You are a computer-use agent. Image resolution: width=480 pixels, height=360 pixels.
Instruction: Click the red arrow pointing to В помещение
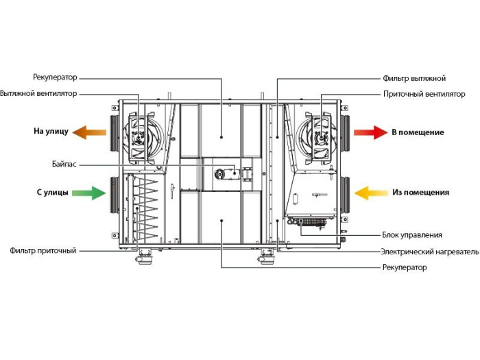tap(370, 132)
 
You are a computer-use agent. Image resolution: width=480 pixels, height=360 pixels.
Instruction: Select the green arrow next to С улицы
tap(89, 193)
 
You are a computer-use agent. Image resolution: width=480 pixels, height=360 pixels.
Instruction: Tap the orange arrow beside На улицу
tap(89, 132)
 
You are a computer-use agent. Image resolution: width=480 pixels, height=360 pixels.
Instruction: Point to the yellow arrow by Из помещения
tap(370, 193)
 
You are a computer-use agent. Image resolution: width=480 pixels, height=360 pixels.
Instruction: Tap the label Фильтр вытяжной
tap(414, 78)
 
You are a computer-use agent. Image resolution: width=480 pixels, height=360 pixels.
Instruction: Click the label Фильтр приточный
tap(43, 251)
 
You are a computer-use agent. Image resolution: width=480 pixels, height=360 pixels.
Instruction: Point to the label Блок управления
tap(416, 235)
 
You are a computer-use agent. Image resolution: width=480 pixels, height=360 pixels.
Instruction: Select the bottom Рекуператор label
tap(404, 267)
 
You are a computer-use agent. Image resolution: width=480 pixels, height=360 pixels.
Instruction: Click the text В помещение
tap(418, 132)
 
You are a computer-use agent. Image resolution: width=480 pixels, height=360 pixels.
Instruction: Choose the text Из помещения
tap(421, 193)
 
